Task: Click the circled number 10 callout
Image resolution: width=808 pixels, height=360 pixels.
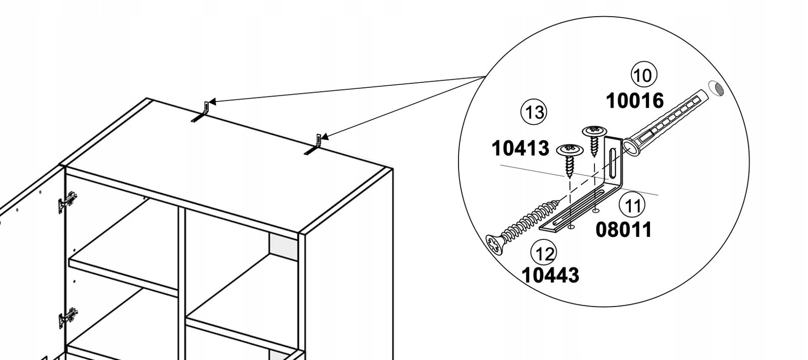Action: coord(643,75)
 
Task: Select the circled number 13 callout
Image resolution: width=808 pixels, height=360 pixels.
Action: coord(533,112)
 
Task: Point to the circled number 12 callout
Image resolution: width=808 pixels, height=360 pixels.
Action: coord(543,253)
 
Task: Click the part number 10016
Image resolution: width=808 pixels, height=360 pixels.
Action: coord(635,100)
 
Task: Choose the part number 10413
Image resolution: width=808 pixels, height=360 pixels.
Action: coord(521,148)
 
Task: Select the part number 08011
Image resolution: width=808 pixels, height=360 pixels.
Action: coord(624,230)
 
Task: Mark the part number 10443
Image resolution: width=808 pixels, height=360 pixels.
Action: coord(550,275)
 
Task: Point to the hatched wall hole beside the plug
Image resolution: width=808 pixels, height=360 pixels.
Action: coord(717,89)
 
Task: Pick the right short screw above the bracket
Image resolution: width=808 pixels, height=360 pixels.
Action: coord(594,140)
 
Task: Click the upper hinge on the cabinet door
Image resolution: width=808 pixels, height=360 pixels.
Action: coord(68,202)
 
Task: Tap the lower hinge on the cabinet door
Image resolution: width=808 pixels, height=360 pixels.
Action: coord(68,318)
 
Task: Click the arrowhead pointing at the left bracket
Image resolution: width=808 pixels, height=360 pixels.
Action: coord(212,101)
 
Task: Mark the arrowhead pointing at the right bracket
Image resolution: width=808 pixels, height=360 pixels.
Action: coord(325,137)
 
